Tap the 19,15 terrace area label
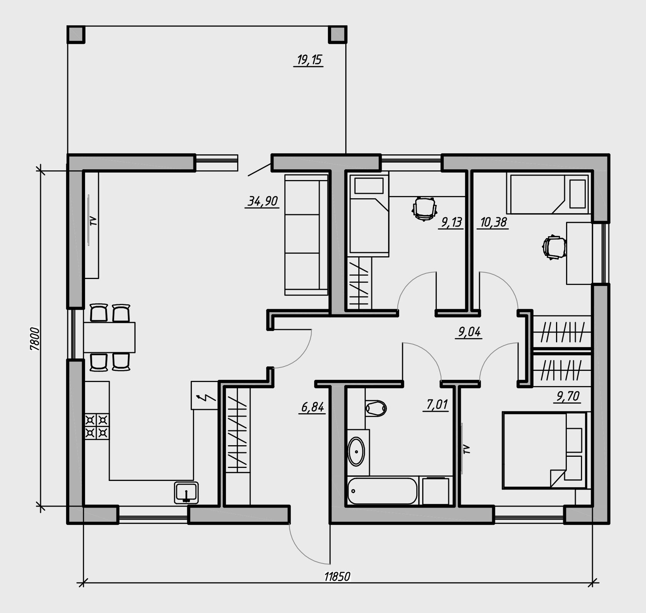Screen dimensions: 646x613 [309, 60]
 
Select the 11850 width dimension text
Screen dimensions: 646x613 [337, 576]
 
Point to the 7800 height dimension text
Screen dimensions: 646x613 [35, 339]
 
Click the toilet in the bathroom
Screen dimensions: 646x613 [375, 408]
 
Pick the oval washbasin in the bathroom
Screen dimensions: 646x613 [356, 451]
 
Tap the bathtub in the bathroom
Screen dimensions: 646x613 [382, 491]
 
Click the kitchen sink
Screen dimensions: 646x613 [186, 493]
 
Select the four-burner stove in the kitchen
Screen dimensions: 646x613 [97, 426]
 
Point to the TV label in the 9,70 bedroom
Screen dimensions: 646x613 [467, 449]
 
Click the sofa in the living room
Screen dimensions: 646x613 [306, 234]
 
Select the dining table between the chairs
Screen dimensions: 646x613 [110, 337]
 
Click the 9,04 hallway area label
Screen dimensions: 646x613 [470, 332]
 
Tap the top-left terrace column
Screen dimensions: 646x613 [76, 35]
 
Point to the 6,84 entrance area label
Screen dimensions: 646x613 [313, 407]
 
